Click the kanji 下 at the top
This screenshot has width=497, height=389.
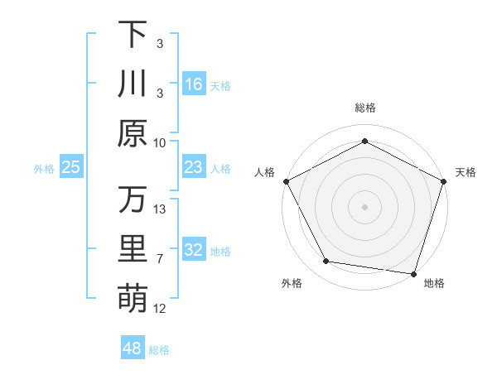click(133, 36)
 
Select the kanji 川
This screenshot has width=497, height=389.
click(133, 84)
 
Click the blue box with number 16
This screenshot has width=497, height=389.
click(194, 84)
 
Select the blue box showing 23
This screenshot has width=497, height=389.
click(194, 167)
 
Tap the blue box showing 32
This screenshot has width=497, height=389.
click(194, 250)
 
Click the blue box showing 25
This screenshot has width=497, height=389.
click(71, 167)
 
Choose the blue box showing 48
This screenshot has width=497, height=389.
click(133, 348)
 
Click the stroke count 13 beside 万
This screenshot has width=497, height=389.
click(161, 209)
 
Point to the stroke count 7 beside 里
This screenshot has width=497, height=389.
click(161, 259)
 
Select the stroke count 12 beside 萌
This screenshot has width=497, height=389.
click(161, 309)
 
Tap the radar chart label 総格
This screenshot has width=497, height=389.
click(364, 108)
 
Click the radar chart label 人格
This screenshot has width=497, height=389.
click(265, 172)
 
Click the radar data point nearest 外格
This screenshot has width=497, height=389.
click(326, 262)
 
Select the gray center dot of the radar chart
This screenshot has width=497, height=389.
click(364, 206)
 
